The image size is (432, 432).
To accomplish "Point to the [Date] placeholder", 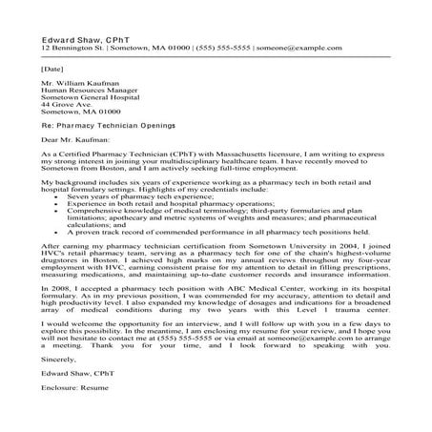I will tap(53, 69).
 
